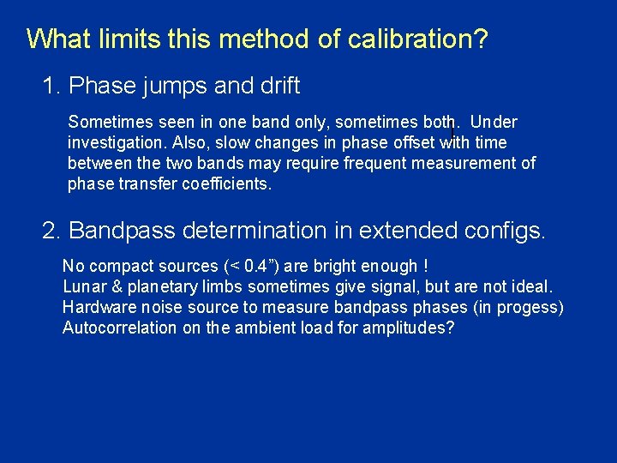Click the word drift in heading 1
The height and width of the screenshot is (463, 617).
click(x=277, y=86)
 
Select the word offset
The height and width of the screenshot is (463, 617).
click(x=408, y=142)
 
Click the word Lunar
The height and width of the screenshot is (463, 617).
click(x=84, y=287)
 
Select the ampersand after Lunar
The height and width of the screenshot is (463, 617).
click(x=116, y=287)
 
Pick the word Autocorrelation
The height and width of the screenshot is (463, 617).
click(x=119, y=328)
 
